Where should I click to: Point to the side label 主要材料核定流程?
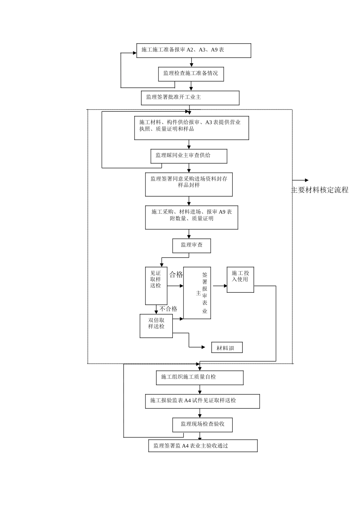[x=320, y=190]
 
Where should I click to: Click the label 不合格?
[x=168, y=309]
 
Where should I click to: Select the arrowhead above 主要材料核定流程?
[x=307, y=180]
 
